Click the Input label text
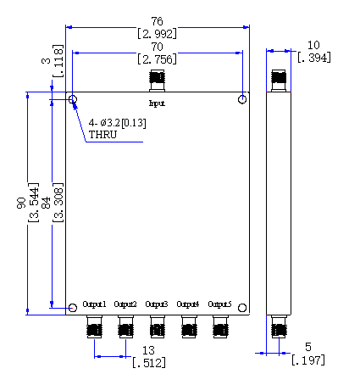click(157, 103)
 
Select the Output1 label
click(94, 304)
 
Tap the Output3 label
click(157, 304)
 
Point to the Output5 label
click(219, 304)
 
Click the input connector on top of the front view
click(157, 81)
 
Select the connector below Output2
click(125, 326)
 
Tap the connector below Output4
click(189, 326)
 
